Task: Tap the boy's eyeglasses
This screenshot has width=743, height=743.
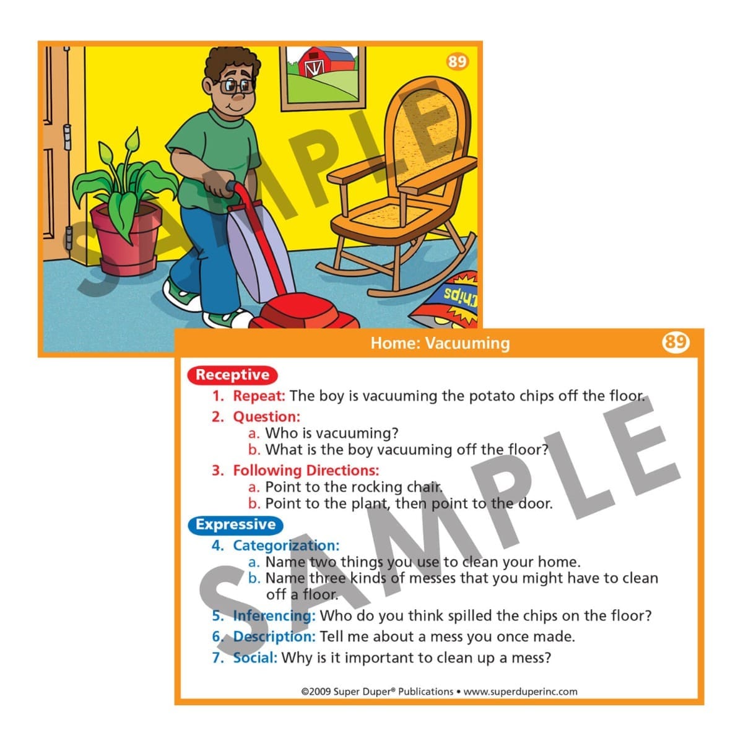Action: tap(237, 86)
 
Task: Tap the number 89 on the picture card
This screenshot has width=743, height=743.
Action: tap(458, 61)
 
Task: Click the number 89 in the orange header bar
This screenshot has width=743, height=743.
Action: tap(676, 342)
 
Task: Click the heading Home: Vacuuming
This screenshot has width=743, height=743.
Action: tap(440, 343)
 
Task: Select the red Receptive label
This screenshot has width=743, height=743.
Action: tap(232, 375)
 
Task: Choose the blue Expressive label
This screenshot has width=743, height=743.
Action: tap(235, 525)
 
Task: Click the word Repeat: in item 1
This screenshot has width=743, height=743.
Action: tap(259, 396)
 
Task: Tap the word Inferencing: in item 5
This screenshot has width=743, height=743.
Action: tap(274, 615)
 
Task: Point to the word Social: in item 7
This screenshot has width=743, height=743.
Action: tap(255, 658)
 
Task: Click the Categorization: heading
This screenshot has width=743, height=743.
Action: tap(286, 545)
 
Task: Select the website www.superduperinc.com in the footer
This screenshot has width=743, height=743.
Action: tap(520, 692)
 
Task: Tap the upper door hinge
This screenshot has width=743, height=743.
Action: tap(67, 137)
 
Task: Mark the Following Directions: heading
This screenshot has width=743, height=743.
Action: tap(306, 471)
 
